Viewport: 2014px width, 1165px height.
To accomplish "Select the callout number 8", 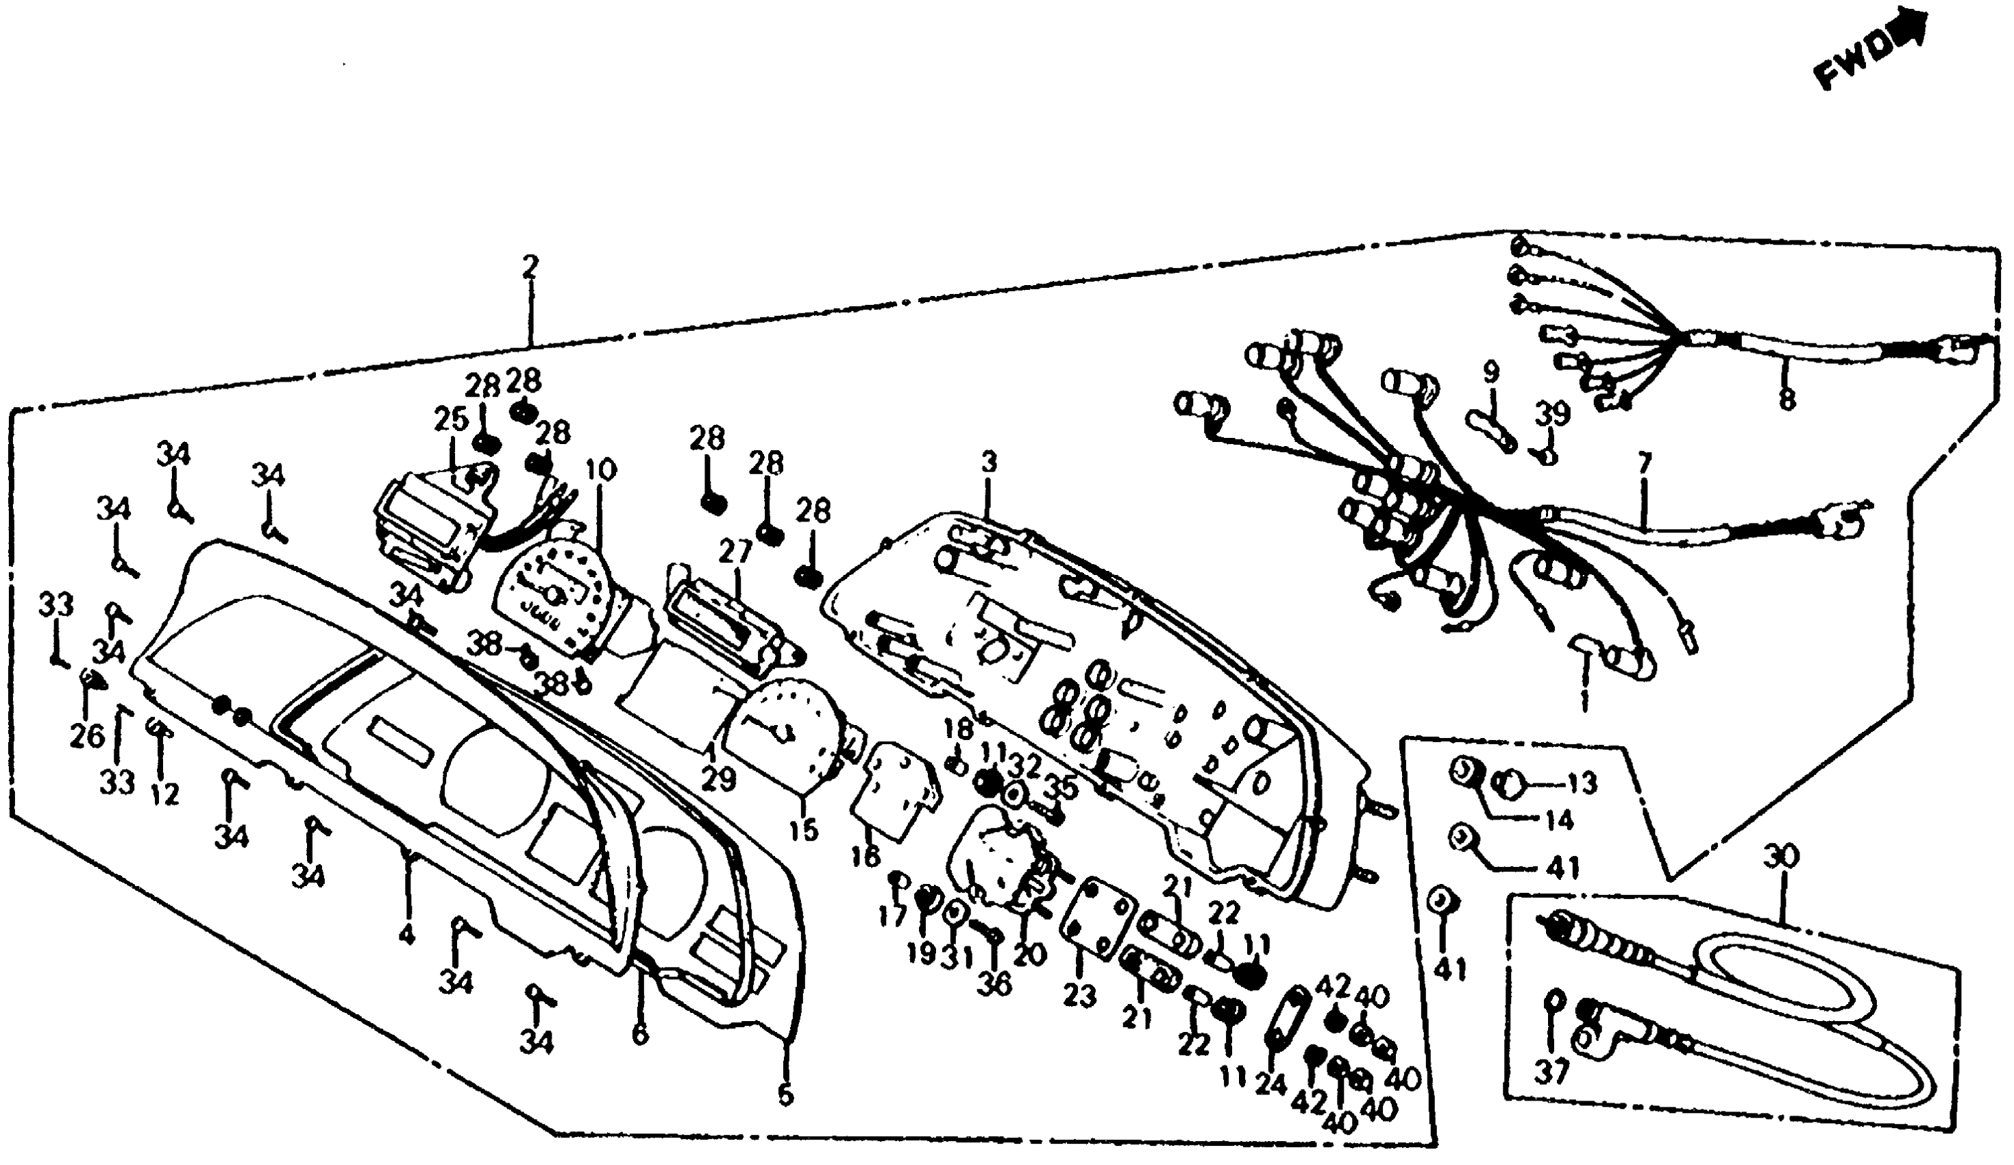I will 1787,397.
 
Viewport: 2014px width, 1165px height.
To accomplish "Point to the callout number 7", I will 1644,463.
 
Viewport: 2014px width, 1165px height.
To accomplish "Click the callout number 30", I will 1780,857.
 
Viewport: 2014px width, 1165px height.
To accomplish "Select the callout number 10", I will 600,470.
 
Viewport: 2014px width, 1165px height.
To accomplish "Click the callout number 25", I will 451,419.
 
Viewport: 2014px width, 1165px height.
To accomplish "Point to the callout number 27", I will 735,552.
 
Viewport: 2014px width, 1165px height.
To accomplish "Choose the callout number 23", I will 1079,996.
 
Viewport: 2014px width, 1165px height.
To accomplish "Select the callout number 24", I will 1270,1083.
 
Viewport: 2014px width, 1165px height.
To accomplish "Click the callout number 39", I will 1551,414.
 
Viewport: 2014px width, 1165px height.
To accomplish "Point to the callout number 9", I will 1491,372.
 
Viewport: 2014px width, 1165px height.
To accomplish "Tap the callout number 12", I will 164,794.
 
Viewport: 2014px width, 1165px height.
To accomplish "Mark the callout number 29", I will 717,778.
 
